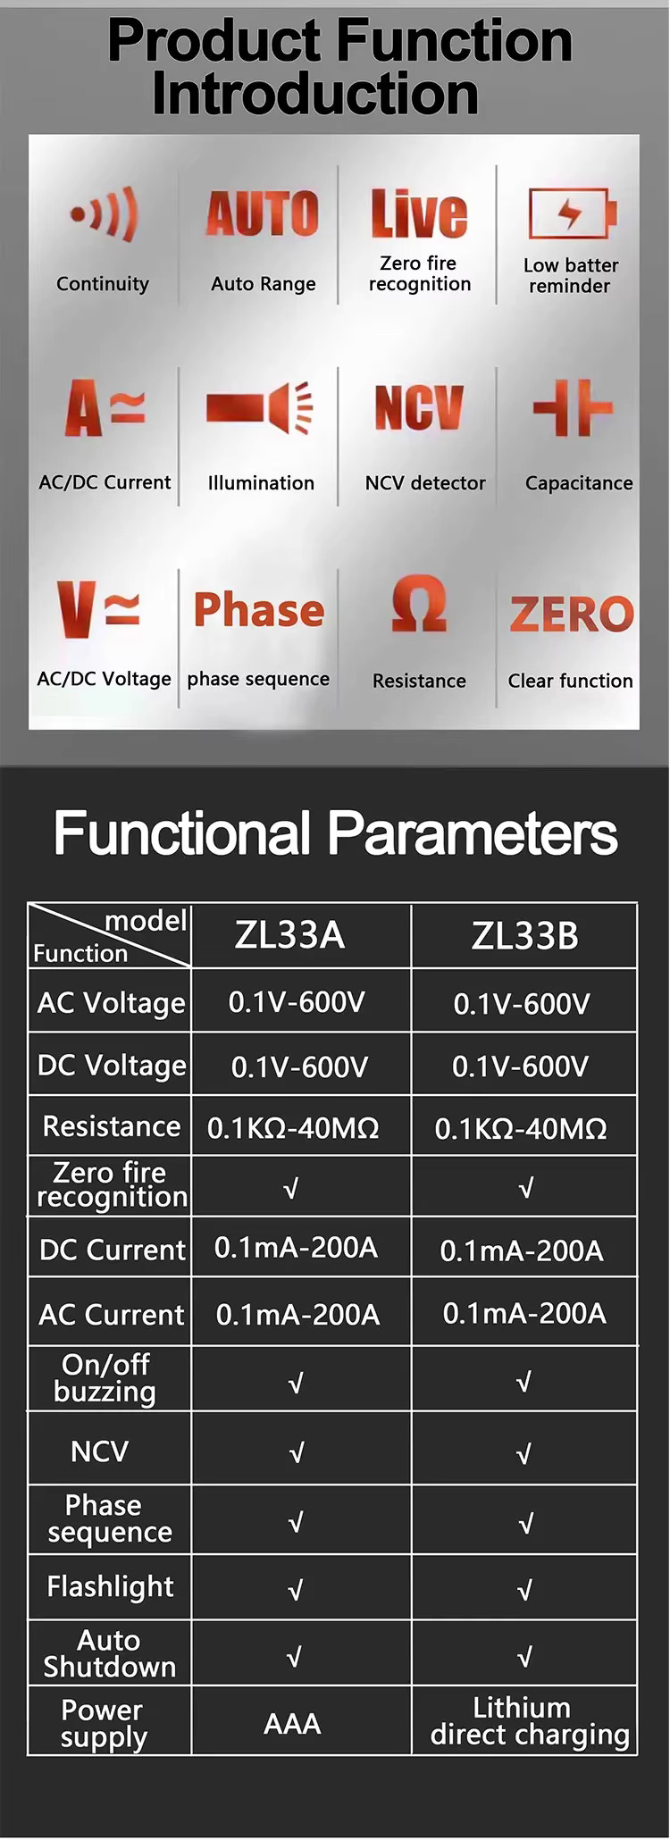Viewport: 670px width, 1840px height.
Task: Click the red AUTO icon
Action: click(x=263, y=214)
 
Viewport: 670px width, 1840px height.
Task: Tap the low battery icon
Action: click(x=572, y=213)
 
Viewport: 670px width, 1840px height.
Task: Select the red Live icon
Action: click(x=419, y=213)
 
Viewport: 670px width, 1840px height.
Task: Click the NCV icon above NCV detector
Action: click(x=419, y=407)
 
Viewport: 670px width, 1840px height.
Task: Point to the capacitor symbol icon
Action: click(x=573, y=408)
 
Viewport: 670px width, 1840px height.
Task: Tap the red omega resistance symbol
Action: click(x=419, y=604)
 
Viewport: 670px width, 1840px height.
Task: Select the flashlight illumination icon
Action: click(x=259, y=409)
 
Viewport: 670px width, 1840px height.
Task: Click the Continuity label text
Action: click(x=103, y=284)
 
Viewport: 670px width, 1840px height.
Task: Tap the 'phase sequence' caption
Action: click(x=258, y=680)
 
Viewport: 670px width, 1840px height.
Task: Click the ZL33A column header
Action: click(x=289, y=935)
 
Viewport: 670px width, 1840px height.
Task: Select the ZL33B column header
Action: click(x=524, y=936)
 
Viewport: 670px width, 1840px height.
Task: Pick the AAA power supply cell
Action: click(x=292, y=1724)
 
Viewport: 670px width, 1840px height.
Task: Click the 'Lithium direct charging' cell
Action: click(x=530, y=1721)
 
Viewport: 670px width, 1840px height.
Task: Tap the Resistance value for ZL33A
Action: click(x=293, y=1128)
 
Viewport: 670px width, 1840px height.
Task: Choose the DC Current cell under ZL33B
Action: click(x=522, y=1250)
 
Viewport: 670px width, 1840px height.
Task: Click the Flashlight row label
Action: click(x=111, y=1587)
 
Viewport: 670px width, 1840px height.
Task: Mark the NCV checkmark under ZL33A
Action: click(x=297, y=1453)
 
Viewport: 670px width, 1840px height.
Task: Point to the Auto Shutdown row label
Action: click(x=109, y=1653)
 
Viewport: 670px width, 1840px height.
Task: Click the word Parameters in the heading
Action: click(x=473, y=833)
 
